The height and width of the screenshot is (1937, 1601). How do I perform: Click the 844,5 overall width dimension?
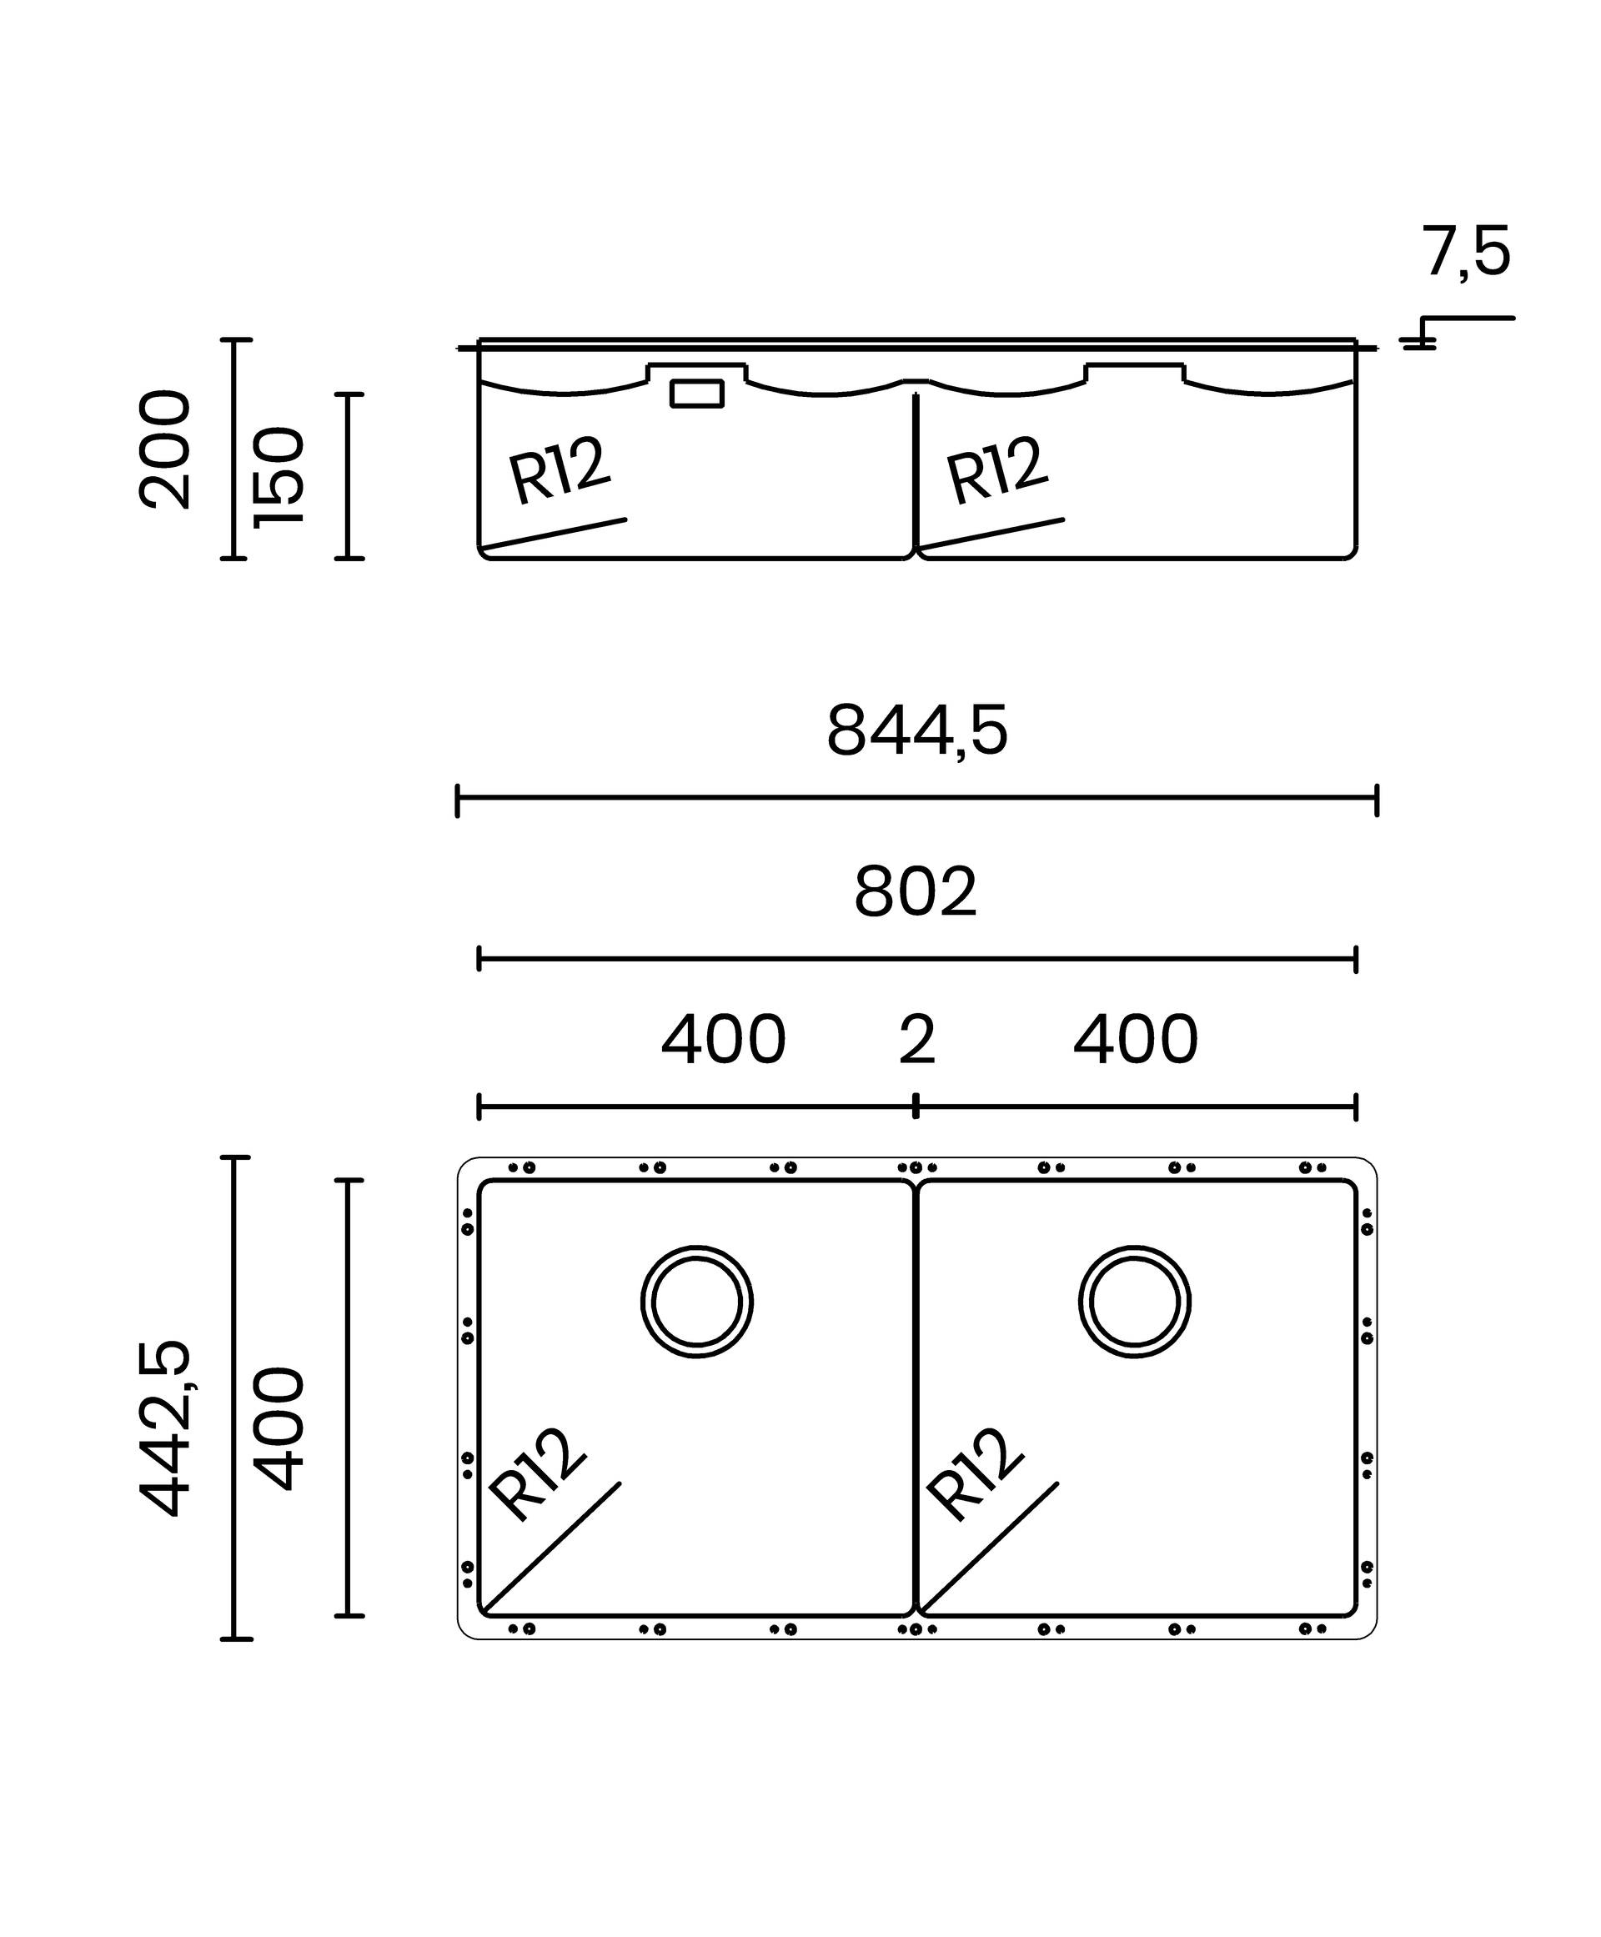tap(916, 730)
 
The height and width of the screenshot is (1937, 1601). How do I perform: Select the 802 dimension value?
tap(915, 892)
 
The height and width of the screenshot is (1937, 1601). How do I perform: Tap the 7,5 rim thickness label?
tap(1465, 252)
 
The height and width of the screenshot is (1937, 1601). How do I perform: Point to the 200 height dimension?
tap(164, 449)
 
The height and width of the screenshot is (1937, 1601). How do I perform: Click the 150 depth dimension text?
tap(278, 476)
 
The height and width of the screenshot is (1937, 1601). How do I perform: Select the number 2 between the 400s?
tap(916, 1040)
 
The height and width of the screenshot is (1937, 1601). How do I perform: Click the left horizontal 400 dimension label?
tap(723, 1040)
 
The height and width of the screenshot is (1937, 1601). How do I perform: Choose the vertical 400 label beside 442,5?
tap(278, 1428)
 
